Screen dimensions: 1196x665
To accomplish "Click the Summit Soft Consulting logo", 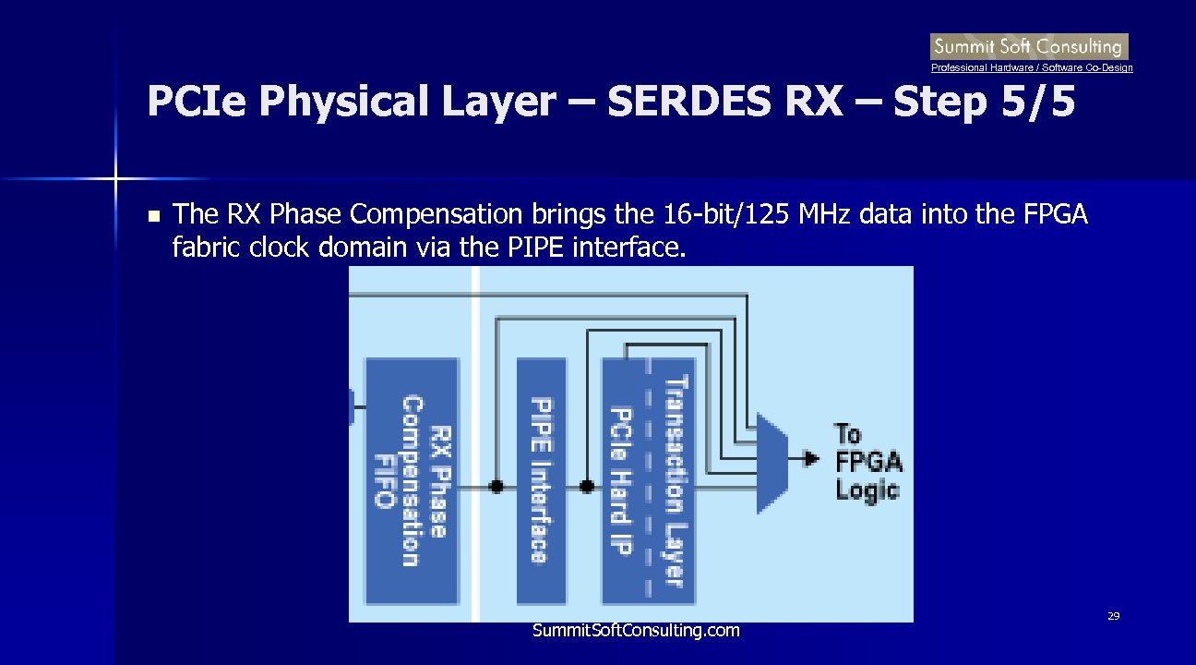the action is [x=1029, y=46].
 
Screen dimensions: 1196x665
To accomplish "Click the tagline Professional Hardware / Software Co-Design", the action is [x=1032, y=68].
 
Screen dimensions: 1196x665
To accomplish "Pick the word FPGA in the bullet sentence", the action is [x=1056, y=215].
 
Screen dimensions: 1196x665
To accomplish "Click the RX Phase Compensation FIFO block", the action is [x=412, y=480].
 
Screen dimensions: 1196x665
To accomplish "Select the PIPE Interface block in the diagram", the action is [x=542, y=480].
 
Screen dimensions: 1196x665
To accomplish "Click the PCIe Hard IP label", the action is [x=621, y=480].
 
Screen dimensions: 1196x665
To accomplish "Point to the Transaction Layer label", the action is [x=676, y=480].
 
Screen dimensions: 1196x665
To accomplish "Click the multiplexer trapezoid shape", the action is [x=771, y=462].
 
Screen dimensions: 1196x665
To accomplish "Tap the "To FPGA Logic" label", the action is [x=867, y=461].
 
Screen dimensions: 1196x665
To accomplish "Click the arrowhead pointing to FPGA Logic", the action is [x=811, y=458].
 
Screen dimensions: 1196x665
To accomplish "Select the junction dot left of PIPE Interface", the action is [x=496, y=486].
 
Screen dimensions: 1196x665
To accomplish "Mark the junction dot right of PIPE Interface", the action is [x=586, y=486].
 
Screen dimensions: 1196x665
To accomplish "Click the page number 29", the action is [x=1113, y=616].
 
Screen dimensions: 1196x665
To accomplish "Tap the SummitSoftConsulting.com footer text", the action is [x=636, y=631].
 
